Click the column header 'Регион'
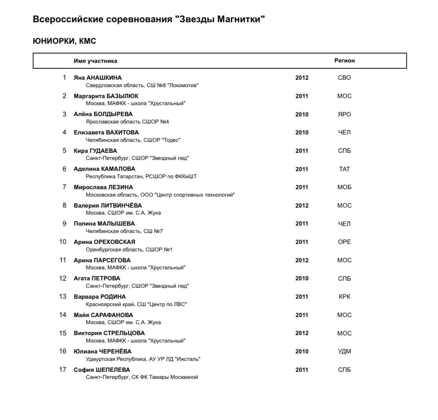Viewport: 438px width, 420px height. (x=344, y=61)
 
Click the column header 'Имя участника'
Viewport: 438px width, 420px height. (x=95, y=61)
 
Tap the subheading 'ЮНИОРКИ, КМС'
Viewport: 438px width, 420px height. (x=64, y=41)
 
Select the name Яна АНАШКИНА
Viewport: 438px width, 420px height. (x=98, y=77)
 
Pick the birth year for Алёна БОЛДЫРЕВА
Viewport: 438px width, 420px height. (x=302, y=114)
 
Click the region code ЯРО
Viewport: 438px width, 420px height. (x=344, y=114)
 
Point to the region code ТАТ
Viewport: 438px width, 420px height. (x=344, y=169)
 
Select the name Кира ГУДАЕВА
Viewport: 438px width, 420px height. (x=95, y=151)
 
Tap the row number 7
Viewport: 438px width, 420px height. (x=64, y=187)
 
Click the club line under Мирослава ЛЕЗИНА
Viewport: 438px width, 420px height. (x=160, y=195)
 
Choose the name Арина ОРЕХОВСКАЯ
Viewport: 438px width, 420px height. (x=104, y=242)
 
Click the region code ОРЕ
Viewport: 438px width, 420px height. (x=344, y=242)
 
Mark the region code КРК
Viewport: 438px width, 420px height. (x=344, y=296)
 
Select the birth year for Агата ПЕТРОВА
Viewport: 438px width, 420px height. (x=302, y=278)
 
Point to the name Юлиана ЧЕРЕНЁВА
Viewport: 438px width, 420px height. (x=103, y=351)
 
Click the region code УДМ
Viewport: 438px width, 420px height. (x=344, y=351)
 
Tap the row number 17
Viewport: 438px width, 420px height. (x=63, y=370)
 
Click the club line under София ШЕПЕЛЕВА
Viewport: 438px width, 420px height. (x=142, y=377)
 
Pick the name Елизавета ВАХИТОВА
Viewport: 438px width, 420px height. (x=106, y=132)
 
